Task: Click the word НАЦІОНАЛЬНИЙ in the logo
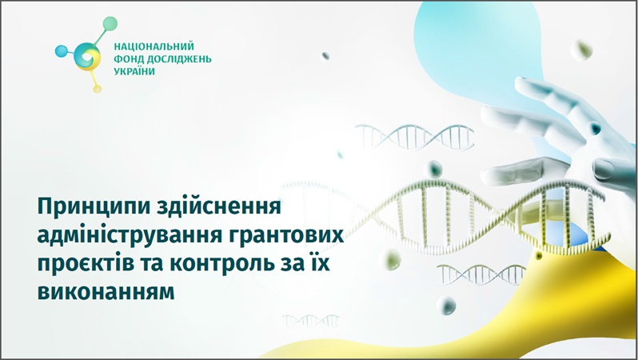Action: [154, 46]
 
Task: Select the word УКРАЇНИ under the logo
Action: [134, 71]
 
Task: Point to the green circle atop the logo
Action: [110, 24]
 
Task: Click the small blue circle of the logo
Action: [62, 51]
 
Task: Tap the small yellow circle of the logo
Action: [97, 89]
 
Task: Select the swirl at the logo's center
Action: [87, 57]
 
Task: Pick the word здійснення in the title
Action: [218, 206]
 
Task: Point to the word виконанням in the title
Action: [106, 292]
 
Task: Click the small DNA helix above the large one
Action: [414, 138]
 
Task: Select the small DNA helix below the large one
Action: [481, 274]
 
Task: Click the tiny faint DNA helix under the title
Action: [311, 322]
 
